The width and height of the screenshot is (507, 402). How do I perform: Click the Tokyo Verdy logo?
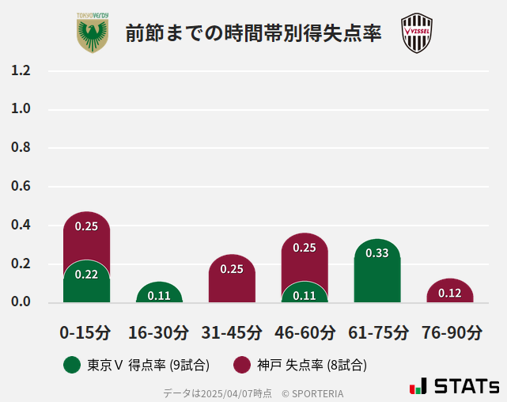(x=93, y=33)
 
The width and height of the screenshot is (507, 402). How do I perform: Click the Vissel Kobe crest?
(x=416, y=33)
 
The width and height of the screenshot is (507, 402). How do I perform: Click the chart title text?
(x=253, y=34)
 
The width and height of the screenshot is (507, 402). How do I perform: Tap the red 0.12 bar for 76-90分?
(x=450, y=291)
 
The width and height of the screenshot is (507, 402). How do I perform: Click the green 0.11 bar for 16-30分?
(x=159, y=293)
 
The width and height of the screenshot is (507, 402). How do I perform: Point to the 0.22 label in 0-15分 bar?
(x=86, y=275)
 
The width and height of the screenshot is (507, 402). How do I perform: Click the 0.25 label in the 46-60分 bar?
(x=305, y=248)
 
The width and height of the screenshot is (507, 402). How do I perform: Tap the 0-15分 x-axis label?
(x=85, y=332)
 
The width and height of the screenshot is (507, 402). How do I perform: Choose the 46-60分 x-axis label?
(x=305, y=332)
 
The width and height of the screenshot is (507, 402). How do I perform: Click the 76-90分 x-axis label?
(x=450, y=332)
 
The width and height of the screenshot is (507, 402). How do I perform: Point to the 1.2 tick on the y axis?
(x=21, y=70)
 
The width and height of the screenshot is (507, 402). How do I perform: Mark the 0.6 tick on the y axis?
(x=21, y=187)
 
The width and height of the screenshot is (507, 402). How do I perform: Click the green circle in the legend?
(x=72, y=365)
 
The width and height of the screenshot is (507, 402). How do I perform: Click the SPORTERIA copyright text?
(x=312, y=393)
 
